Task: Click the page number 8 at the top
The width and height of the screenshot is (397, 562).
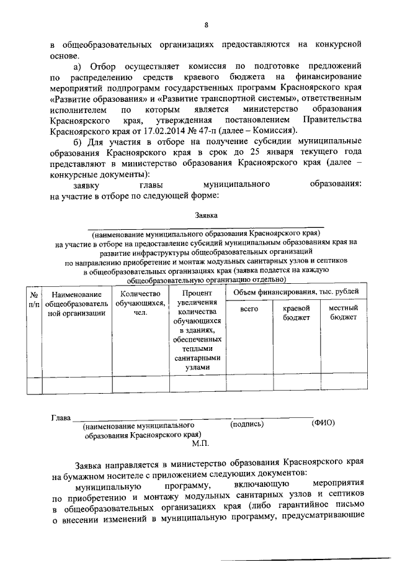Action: pos(205,25)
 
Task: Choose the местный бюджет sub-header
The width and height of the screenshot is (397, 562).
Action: pos(343,312)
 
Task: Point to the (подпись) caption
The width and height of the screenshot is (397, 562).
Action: pos(246,424)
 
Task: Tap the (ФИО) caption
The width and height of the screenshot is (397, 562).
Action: pos(323,424)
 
